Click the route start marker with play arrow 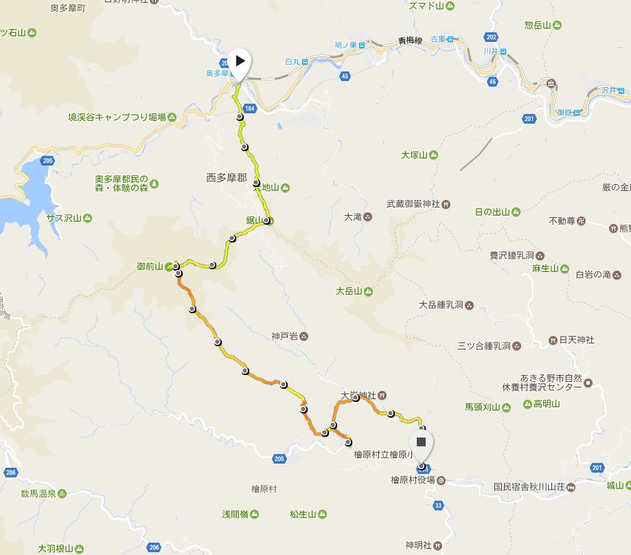[x=240, y=60]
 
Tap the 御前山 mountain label [x=150, y=266]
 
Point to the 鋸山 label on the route [x=255, y=220]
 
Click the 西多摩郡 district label [x=226, y=177]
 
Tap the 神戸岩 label [x=284, y=337]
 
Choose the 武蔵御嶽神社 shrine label [x=413, y=203]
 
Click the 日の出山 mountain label [x=492, y=212]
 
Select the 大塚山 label [x=415, y=155]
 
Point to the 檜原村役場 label [x=413, y=480]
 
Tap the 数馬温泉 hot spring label [x=38, y=493]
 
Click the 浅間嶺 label [x=235, y=514]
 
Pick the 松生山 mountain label [x=302, y=514]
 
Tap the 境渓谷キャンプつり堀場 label [x=117, y=117]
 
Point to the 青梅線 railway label [x=411, y=41]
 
